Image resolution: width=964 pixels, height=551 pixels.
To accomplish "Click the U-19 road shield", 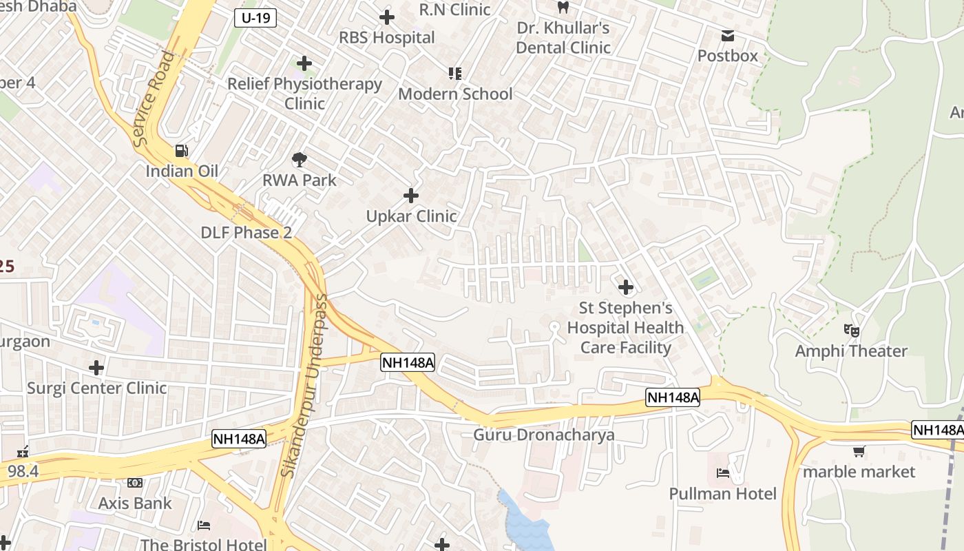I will pos(255,18).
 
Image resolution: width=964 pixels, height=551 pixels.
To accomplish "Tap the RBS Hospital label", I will pos(386,37).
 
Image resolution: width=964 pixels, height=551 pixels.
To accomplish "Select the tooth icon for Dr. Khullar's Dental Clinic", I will pos(563,8).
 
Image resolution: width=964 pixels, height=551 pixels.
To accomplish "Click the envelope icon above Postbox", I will pos(727,36).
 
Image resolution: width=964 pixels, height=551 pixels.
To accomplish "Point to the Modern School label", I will pos(455,94).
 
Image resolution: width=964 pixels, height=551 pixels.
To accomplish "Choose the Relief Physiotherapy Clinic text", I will pos(304,93).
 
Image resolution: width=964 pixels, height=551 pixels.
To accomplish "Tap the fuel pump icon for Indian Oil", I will pos(181,150).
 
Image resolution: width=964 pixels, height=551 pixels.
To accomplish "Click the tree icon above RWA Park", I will pos(300,160).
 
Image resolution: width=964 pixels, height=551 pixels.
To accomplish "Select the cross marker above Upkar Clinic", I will pos(411,196).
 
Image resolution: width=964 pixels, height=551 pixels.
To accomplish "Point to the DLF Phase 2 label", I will pos(246,232).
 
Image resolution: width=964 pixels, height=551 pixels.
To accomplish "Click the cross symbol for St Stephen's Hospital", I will pos(625,287).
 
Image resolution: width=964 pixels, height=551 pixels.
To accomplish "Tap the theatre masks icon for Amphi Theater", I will pos(852,331).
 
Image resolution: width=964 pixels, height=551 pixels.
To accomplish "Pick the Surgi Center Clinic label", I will pos(96,388).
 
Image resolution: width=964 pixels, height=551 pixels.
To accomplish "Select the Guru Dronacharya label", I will pos(543,435).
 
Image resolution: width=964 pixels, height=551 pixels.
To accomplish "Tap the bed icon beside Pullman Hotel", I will pos(723,473).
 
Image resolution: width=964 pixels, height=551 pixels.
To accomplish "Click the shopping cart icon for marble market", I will pos(859,452).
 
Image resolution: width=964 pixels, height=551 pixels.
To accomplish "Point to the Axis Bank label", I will pos(135,503).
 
